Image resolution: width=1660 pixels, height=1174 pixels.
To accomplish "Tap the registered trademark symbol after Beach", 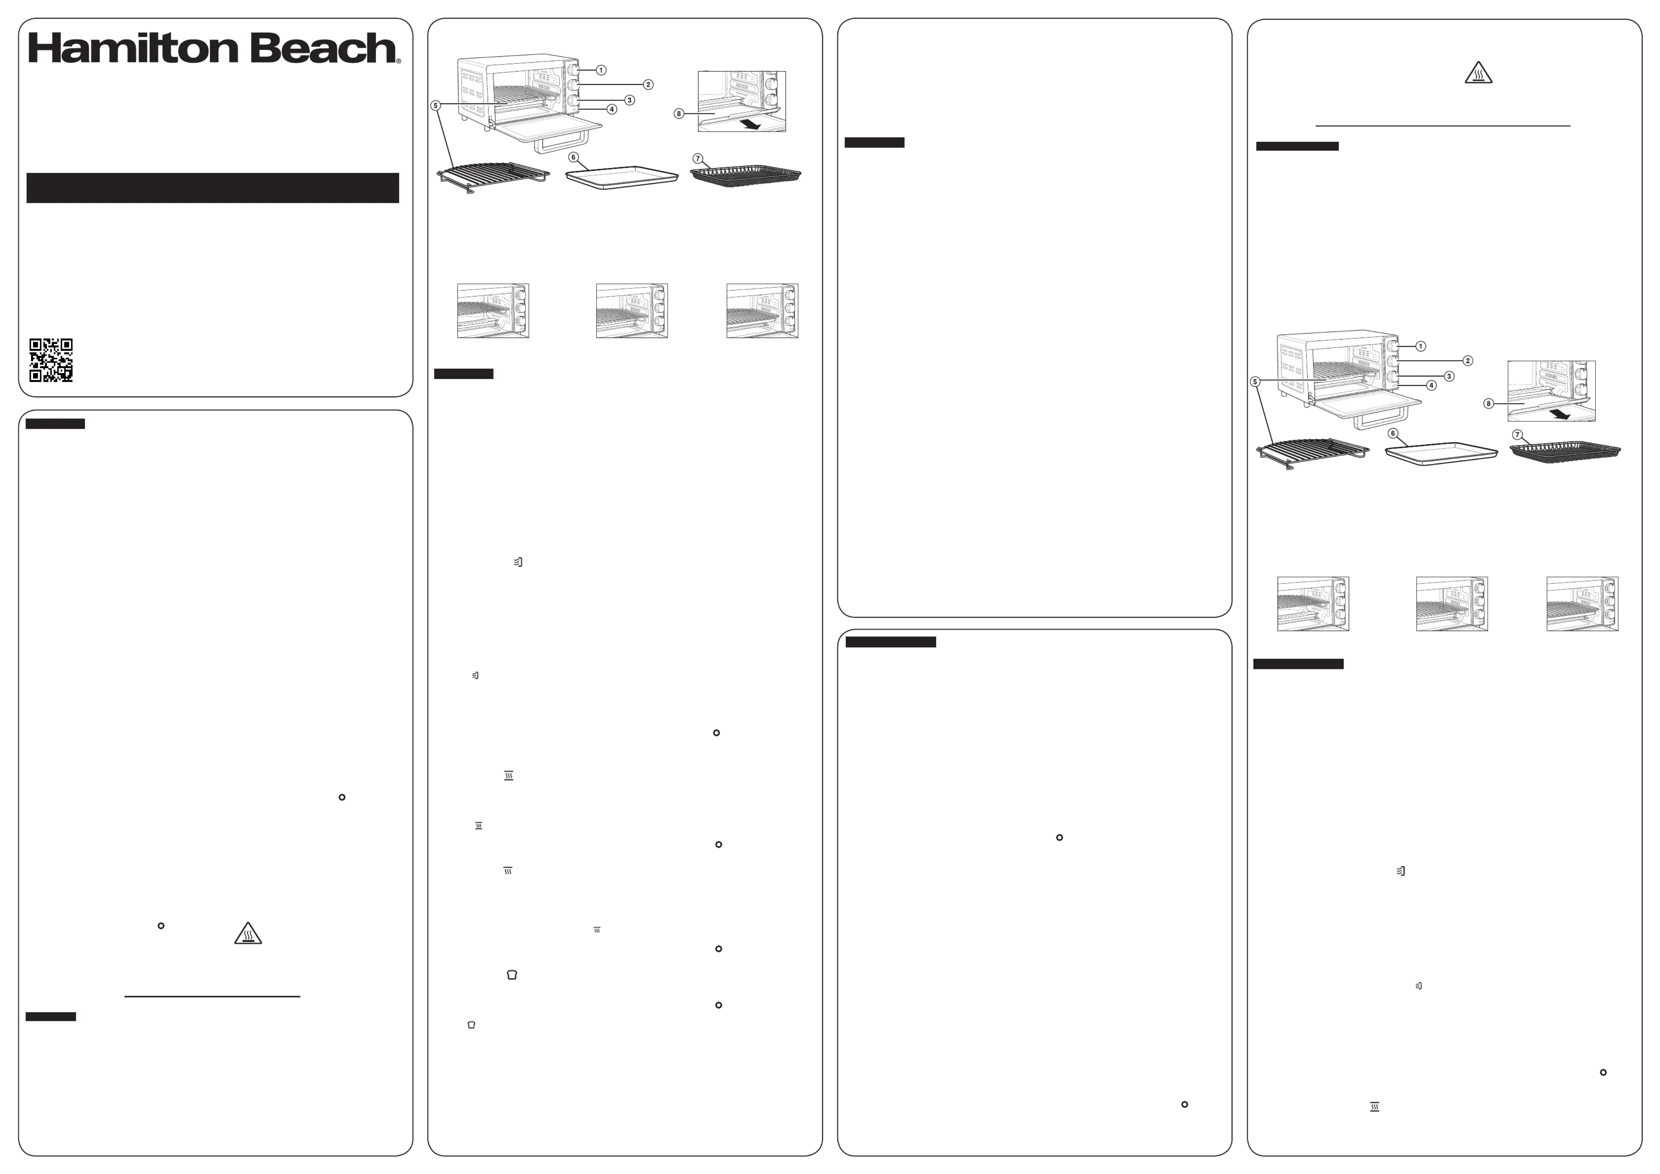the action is (398, 62).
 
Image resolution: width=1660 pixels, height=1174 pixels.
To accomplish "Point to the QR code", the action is (51, 360).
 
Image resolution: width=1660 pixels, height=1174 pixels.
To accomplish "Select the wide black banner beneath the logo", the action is (213, 188).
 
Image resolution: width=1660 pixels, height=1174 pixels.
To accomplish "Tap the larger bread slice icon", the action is (512, 975).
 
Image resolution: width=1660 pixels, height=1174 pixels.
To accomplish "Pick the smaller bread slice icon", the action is (471, 1024).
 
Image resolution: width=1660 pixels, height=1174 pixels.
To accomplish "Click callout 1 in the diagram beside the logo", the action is (601, 70).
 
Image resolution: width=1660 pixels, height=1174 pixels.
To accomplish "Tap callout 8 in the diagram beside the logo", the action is (678, 113).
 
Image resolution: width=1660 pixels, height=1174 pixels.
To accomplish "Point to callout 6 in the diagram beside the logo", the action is (573, 157).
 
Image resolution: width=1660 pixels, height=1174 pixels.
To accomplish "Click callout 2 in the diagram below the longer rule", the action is (1468, 361).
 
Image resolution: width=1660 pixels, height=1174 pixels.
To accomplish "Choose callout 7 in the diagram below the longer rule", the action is (1517, 434).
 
